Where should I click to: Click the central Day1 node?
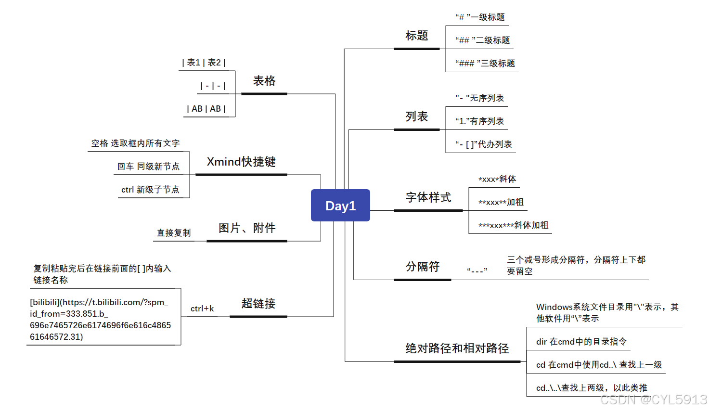tap(340, 206)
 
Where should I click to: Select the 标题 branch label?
tap(416, 36)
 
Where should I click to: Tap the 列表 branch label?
tap(416, 116)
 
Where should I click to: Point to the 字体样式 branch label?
tap(428, 197)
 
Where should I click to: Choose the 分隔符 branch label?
tap(422, 267)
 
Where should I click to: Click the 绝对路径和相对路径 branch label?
tap(457, 348)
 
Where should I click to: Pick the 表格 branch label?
tap(264, 81)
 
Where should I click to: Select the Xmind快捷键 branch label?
tap(241, 162)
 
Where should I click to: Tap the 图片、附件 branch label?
tap(247, 228)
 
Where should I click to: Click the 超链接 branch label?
tap(258, 304)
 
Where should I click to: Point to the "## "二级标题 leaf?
tap(482, 40)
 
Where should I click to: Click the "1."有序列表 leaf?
tap(479, 121)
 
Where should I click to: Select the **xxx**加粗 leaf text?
tap(501, 202)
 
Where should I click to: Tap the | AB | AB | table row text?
tap(206, 109)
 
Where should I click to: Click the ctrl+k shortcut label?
tap(202, 309)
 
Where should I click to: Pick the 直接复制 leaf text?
tap(174, 233)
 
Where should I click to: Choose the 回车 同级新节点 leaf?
tap(148, 167)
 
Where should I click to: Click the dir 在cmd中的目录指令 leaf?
tap(581, 342)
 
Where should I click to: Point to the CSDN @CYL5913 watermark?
tap(654, 399)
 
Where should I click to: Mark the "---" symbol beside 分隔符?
tap(477, 270)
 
